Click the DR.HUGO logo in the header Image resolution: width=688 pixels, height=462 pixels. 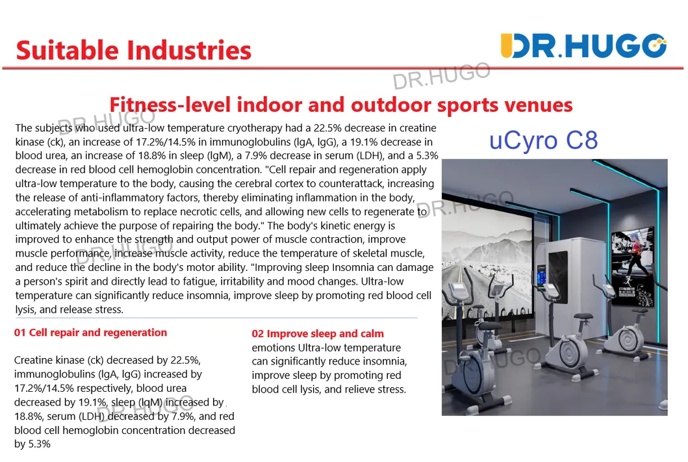(x=583, y=45)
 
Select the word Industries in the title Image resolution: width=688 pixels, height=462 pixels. (x=189, y=50)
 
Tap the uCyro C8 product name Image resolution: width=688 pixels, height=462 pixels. (x=543, y=140)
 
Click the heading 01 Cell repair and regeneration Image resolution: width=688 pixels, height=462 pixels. (x=90, y=333)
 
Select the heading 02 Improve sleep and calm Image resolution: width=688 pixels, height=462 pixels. (x=318, y=334)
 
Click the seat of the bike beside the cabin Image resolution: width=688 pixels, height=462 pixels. (x=583, y=316)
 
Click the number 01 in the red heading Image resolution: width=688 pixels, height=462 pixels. (x=20, y=333)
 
